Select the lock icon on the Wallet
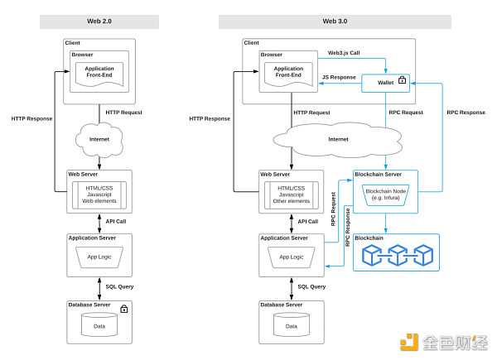pyautogui.click(x=403, y=81)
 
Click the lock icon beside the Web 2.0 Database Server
pyautogui.click(x=124, y=309)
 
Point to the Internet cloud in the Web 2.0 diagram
pyautogui.click(x=100, y=138)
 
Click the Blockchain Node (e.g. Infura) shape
pyautogui.click(x=385, y=194)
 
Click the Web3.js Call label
pyautogui.click(x=344, y=52)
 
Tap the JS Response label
pyautogui.click(x=339, y=77)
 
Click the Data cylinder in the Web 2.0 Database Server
pyautogui.click(x=100, y=326)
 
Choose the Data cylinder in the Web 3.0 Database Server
pyautogui.click(x=292, y=326)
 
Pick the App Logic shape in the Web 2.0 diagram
pyautogui.click(x=100, y=257)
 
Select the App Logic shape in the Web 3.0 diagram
pyautogui.click(x=292, y=257)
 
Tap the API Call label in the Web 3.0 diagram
pyautogui.click(x=308, y=221)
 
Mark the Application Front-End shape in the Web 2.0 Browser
pyautogui.click(x=100, y=74)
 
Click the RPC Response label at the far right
pyautogui.click(x=466, y=112)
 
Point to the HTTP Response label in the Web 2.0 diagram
pyautogui.click(x=32, y=119)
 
